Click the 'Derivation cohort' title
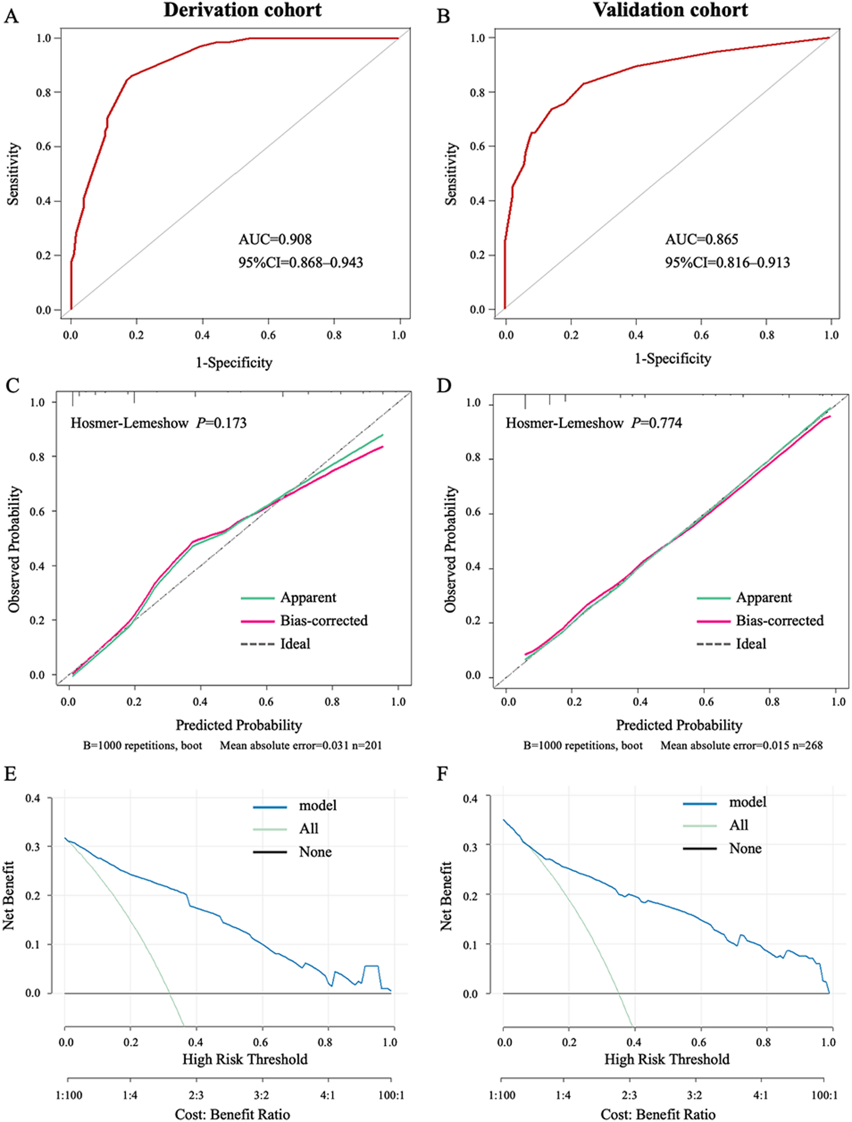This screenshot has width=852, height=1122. coord(243,10)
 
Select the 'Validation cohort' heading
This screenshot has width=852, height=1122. coord(670,10)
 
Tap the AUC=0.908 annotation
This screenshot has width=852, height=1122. coord(275,239)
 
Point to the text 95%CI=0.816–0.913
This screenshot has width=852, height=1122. coord(727,262)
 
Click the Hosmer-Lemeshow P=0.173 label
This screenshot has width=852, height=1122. coord(158,423)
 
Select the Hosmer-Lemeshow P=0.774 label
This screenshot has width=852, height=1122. coord(593,423)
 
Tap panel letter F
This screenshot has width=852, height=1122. coord(442,775)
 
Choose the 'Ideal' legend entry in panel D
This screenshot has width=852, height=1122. coord(750,644)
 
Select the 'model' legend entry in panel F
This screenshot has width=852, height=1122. coord(748,802)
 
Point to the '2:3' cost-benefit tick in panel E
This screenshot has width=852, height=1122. coord(196,1095)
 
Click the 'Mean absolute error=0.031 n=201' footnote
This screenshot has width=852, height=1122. coord(301,745)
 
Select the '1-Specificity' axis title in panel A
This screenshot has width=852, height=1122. coord(234,362)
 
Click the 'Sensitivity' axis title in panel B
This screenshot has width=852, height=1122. coord(450,174)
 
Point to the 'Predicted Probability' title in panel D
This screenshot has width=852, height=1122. coord(679,725)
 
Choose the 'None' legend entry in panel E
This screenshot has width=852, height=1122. coord(315,852)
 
